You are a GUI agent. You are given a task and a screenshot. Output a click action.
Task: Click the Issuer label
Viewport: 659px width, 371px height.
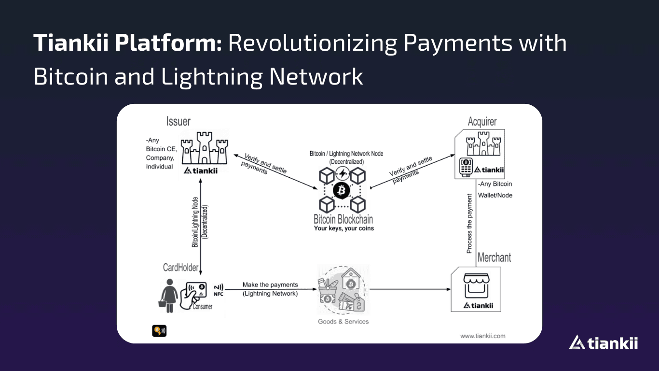pyautogui.click(x=178, y=121)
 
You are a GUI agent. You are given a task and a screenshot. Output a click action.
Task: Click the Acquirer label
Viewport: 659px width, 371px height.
pyautogui.click(x=481, y=121)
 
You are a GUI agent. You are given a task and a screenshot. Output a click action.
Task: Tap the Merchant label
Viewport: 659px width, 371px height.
pyautogui.click(x=494, y=257)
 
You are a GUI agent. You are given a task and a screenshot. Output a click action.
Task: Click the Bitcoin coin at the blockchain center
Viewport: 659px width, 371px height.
pyautogui.click(x=341, y=191)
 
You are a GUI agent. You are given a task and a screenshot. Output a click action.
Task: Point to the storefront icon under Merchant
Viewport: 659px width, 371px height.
pyautogui.click(x=476, y=285)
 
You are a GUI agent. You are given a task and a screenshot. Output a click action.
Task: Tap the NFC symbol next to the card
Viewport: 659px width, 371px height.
pyautogui.click(x=218, y=289)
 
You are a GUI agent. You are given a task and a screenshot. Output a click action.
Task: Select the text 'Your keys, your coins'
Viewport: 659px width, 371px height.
pyautogui.click(x=343, y=228)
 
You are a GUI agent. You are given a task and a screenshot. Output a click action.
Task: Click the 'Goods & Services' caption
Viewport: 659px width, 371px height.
pyautogui.click(x=343, y=321)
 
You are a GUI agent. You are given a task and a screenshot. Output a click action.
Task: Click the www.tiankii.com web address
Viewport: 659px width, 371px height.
pyautogui.click(x=482, y=336)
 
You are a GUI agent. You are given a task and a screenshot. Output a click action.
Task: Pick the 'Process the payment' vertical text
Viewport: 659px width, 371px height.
pyautogui.click(x=469, y=224)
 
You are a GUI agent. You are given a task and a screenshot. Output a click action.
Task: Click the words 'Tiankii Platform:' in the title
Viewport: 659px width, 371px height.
pyautogui.click(x=127, y=43)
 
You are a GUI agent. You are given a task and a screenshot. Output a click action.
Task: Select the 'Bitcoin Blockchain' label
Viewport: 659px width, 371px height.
pyautogui.click(x=343, y=219)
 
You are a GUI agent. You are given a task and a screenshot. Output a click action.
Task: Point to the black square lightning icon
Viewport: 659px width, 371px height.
pyautogui.click(x=159, y=330)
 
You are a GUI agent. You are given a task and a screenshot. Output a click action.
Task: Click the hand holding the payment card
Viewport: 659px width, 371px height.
pyautogui.click(x=193, y=295)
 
